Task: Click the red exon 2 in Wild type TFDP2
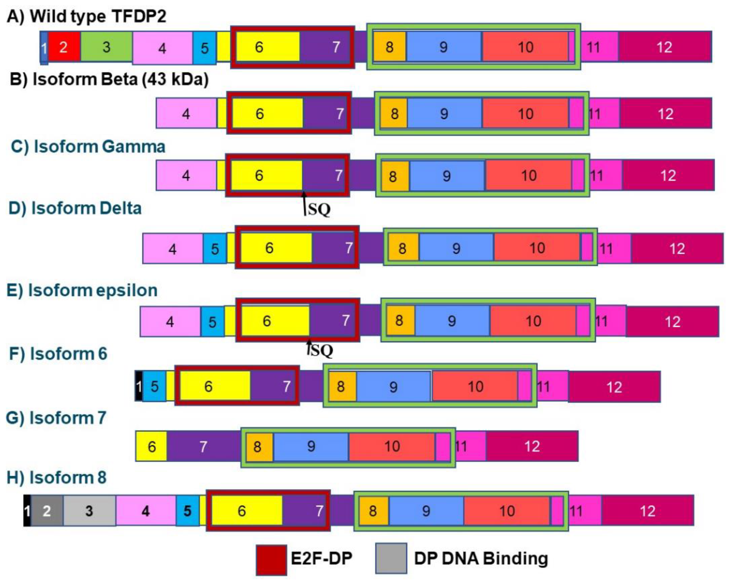[64, 47]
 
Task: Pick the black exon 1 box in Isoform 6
[138, 386]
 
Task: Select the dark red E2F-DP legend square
[271, 559]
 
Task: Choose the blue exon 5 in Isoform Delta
[215, 249]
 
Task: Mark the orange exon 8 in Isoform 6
[342, 386]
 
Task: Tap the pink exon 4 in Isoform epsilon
[170, 321]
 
